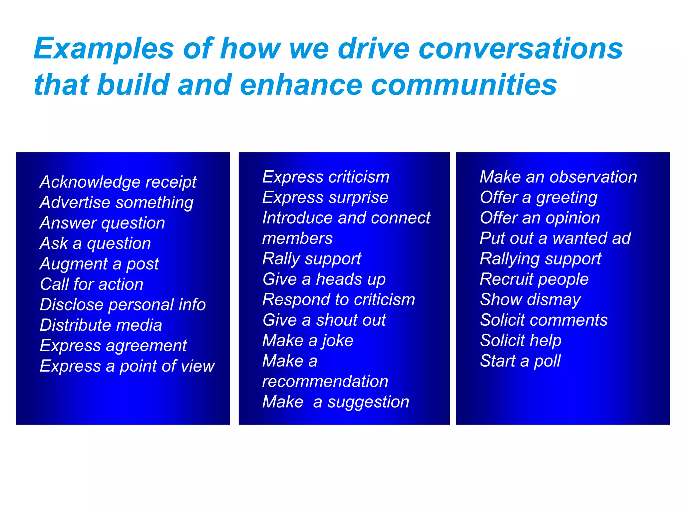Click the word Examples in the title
coord(104,49)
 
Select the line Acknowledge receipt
coord(118,182)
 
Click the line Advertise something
coord(116,203)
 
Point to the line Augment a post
coord(99,264)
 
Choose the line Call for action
coord(92,284)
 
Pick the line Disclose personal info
coord(123,305)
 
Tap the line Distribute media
coord(101,325)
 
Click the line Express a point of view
coord(127,366)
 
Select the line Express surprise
coord(325,198)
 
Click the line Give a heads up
coord(324,279)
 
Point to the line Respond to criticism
coord(338,300)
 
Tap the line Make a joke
coord(308,341)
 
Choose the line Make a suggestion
coord(335,402)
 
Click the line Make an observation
coord(558,177)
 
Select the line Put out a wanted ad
coord(555,238)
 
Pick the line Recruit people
coord(534,279)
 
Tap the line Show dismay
coord(530,300)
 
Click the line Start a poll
coord(520,361)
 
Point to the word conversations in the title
coord(520,49)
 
